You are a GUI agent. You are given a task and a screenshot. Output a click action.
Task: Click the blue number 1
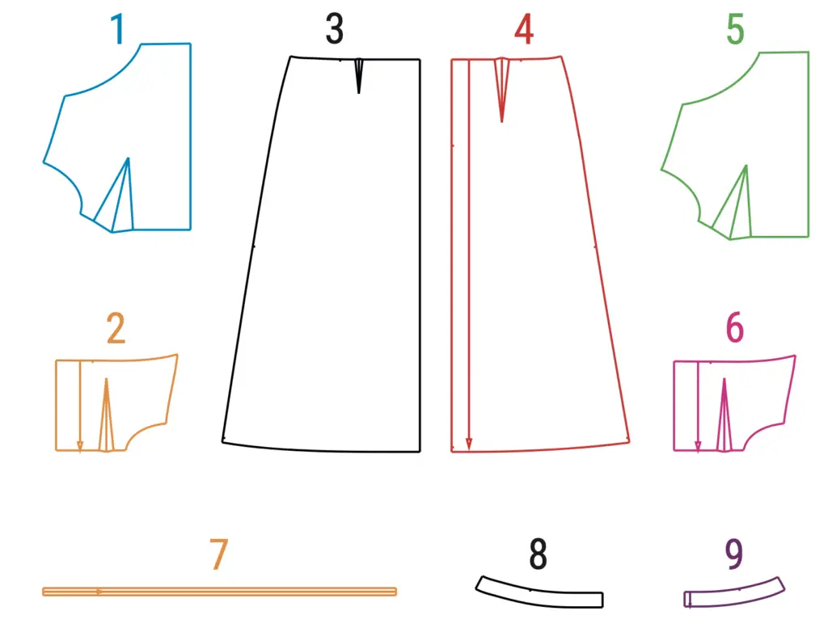coord(117,29)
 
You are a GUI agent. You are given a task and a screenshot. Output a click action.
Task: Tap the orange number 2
coord(116,328)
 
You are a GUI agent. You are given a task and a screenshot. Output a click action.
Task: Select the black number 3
coord(334,29)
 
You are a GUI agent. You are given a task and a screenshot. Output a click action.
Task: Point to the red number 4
coord(524,30)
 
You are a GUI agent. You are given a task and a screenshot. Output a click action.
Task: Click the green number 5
coord(735,30)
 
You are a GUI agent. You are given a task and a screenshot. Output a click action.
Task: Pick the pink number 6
coord(734,328)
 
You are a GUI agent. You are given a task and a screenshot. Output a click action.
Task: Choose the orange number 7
coord(218,554)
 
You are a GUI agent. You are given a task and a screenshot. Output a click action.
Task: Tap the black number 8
coord(538,554)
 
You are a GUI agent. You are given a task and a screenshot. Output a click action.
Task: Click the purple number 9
coord(734,554)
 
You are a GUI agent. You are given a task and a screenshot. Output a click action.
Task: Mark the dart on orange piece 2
coord(106,415)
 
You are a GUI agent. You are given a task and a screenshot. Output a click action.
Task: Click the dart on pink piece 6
coord(724,415)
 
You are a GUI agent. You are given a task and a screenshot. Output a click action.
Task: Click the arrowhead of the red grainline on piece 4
coord(469,444)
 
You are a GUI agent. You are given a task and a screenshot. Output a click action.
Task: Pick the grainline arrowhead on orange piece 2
coord(80,445)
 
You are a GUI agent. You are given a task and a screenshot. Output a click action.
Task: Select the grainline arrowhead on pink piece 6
coord(698,445)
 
